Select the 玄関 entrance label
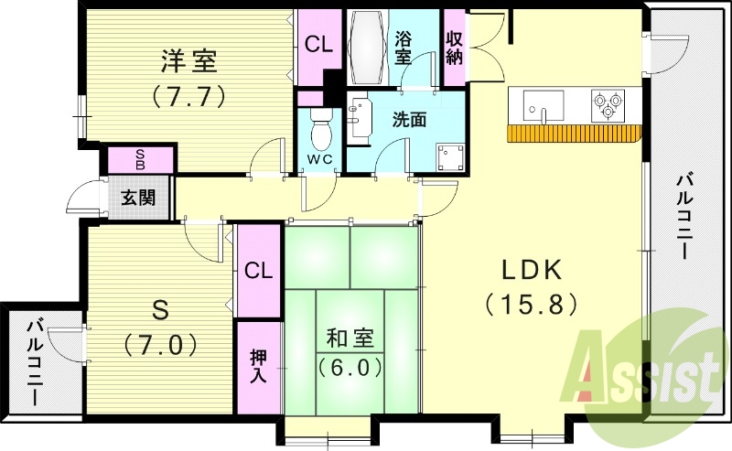[x=139, y=198]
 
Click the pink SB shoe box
[x=140, y=159]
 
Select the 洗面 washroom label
[x=409, y=120]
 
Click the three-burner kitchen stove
[x=608, y=105]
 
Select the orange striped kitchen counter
[x=572, y=134]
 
